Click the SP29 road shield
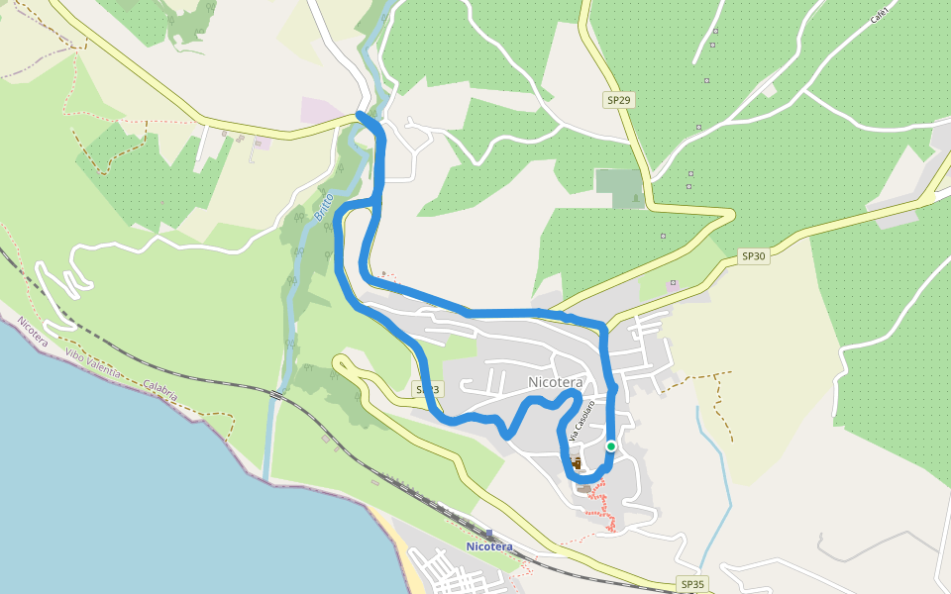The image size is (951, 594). click(x=619, y=100)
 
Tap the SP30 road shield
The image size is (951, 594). click(x=754, y=256)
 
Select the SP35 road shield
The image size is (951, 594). click(x=692, y=584)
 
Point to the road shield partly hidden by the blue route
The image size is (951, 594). click(x=427, y=389)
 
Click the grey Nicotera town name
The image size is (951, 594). click(x=556, y=382)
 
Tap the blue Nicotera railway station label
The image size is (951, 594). click(x=489, y=546)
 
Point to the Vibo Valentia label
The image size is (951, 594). click(x=93, y=363)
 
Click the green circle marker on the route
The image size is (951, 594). click(x=611, y=446)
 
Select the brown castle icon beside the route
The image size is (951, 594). click(x=576, y=462)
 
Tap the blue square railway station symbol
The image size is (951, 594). click(x=489, y=535)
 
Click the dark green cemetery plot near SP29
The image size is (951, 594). click(x=619, y=188)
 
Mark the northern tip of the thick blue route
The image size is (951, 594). click(x=360, y=116)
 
